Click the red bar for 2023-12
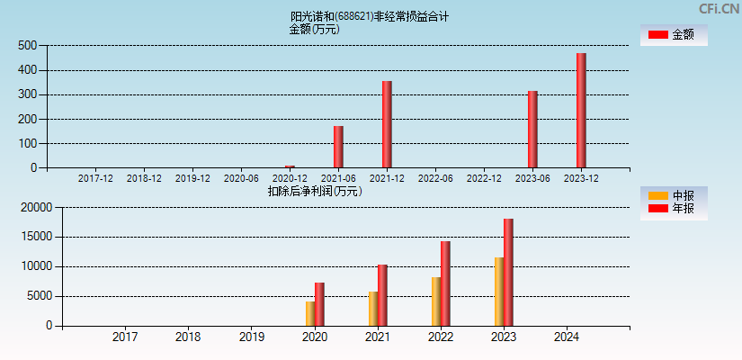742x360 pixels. (581, 111)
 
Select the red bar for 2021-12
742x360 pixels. (387, 124)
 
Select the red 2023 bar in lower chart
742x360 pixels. (508, 272)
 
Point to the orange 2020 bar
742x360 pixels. (310, 313)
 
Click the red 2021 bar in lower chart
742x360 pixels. (382, 295)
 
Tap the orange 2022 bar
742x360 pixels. (436, 301)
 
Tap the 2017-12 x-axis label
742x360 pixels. (95, 178)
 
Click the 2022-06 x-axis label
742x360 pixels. (435, 178)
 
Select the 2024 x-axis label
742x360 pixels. (567, 337)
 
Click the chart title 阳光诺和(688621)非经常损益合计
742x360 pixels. (370, 16)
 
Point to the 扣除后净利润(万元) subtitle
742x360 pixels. (315, 191)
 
